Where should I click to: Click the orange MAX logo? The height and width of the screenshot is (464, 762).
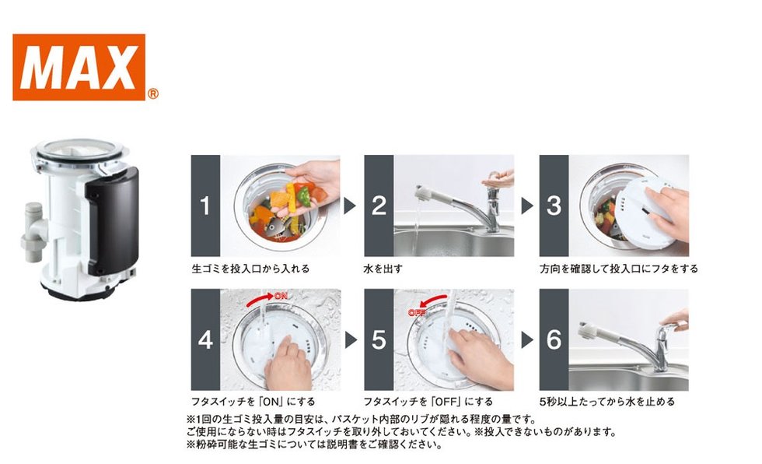(79, 67)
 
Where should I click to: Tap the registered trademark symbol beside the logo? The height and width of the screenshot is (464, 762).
(152, 93)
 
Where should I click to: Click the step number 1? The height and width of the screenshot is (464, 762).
(205, 206)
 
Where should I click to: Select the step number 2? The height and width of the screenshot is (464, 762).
(379, 206)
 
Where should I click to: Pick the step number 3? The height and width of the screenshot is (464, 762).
(554, 206)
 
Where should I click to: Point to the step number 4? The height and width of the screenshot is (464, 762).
(205, 339)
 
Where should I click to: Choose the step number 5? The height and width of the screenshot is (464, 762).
(379, 339)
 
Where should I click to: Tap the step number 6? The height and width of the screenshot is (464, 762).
(554, 339)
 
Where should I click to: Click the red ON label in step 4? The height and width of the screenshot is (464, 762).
(281, 296)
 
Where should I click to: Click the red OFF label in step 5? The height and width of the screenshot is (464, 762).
(417, 312)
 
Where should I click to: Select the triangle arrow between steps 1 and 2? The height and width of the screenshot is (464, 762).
(349, 206)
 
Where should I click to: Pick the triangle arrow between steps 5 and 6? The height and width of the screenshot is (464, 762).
(527, 339)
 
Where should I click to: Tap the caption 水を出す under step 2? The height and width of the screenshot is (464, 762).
(383, 269)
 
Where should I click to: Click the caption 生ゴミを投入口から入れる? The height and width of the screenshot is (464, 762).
(250, 269)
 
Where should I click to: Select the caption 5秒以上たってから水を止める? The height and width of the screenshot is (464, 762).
(607, 402)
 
